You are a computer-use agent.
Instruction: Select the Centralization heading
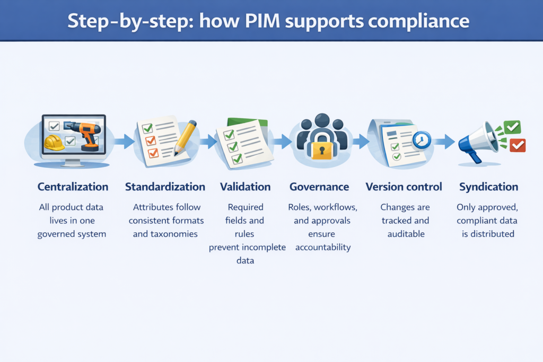(73, 187)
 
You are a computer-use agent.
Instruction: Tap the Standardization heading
(165, 187)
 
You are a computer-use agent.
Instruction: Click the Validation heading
(245, 187)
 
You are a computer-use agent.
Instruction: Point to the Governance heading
(319, 187)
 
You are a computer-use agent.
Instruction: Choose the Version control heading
(404, 187)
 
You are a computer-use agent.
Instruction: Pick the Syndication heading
(488, 187)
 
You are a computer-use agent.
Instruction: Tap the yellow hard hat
(54, 142)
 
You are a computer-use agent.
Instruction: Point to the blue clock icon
(422, 139)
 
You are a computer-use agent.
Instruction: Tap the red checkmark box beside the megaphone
(517, 145)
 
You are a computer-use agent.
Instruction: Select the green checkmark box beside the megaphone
(512, 127)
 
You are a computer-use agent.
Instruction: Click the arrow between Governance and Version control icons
(361, 141)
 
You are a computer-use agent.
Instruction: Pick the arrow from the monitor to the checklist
(125, 141)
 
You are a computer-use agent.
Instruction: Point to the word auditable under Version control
(405, 234)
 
